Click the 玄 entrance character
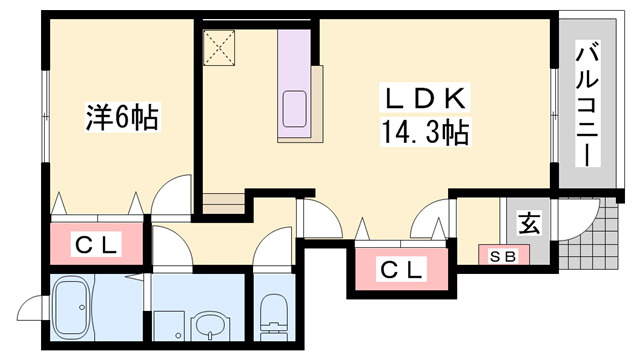(526, 224)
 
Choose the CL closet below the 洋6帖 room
(97, 243)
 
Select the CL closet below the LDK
(400, 268)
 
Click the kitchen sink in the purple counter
(295, 108)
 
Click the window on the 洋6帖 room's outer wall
(45, 104)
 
